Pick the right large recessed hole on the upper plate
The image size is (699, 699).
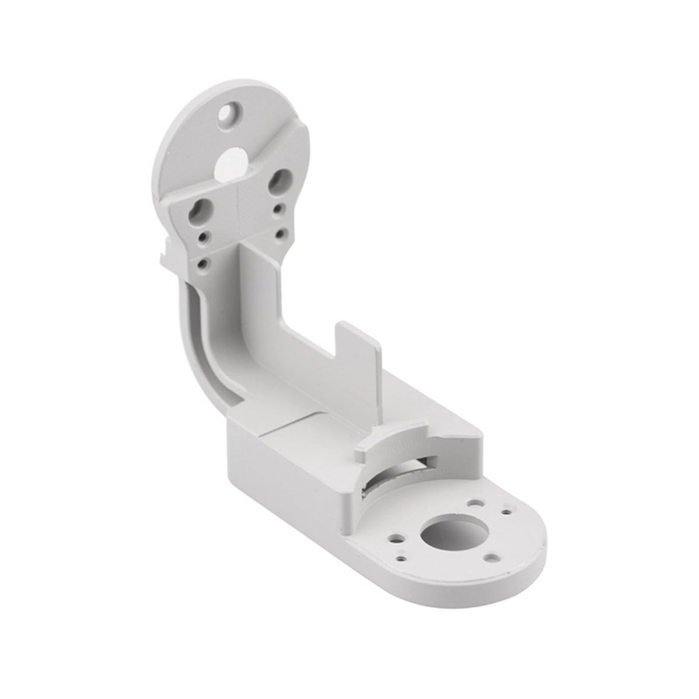click(278, 180)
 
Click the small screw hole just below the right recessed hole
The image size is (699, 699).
click(277, 210)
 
